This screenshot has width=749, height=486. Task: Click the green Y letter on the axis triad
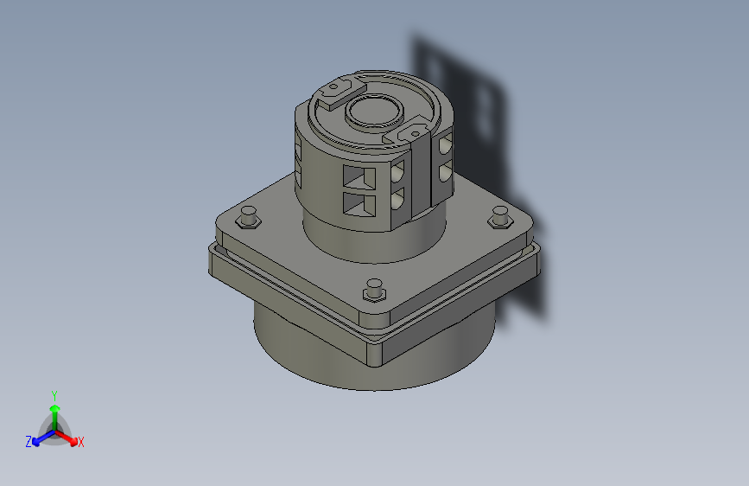coord(54,394)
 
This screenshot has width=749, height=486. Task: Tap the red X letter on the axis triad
coord(81,443)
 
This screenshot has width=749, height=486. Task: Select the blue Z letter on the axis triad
coord(28,442)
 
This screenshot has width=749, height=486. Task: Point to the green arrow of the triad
coord(54,410)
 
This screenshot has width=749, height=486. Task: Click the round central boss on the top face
coord(375,112)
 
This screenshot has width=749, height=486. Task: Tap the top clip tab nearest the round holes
coord(407,133)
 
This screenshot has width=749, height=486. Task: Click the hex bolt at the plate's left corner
coord(248,217)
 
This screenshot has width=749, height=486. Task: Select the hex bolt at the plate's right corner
coord(499,218)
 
